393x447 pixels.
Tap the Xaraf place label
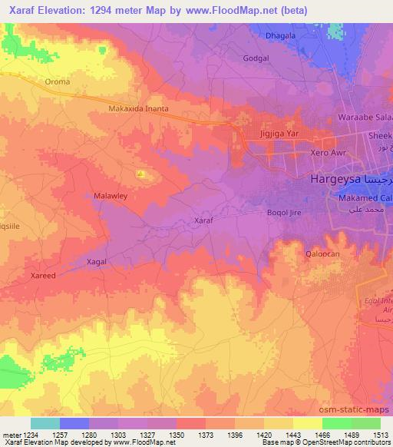click(203, 220)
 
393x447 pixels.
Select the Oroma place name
click(58, 81)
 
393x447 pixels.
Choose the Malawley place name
click(109, 196)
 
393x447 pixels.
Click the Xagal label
click(97, 261)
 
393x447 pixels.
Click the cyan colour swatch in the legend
click(45, 423)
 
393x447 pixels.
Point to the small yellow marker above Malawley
click(140, 174)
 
